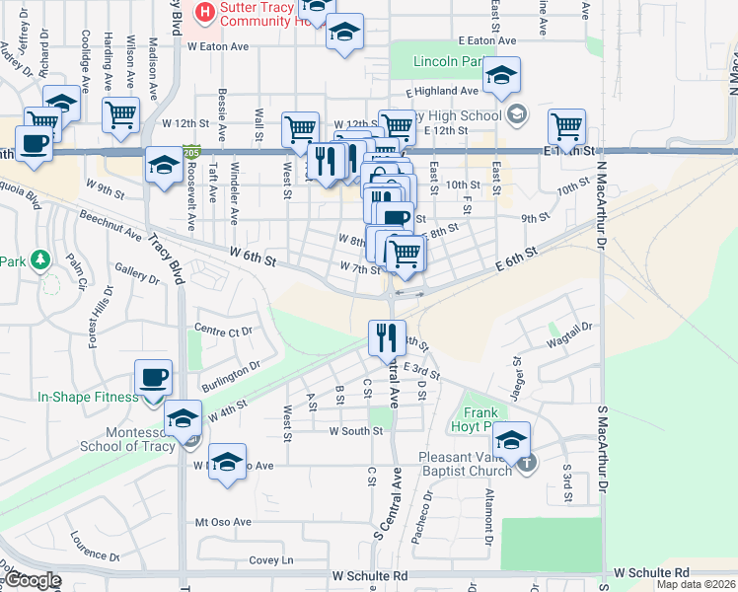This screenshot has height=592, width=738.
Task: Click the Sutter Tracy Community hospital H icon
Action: coord(205,12)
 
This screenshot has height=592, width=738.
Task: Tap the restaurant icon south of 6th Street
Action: coord(386,337)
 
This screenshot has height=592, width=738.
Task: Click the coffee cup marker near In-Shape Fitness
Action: coord(153,377)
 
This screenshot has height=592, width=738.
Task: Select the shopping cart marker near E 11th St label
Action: coord(566,126)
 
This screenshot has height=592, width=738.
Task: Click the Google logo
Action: coord(33,580)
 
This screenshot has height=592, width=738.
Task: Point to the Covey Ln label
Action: coord(272,560)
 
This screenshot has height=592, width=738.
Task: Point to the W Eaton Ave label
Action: coord(218,46)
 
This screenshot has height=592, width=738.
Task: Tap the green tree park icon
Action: coord(39,260)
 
